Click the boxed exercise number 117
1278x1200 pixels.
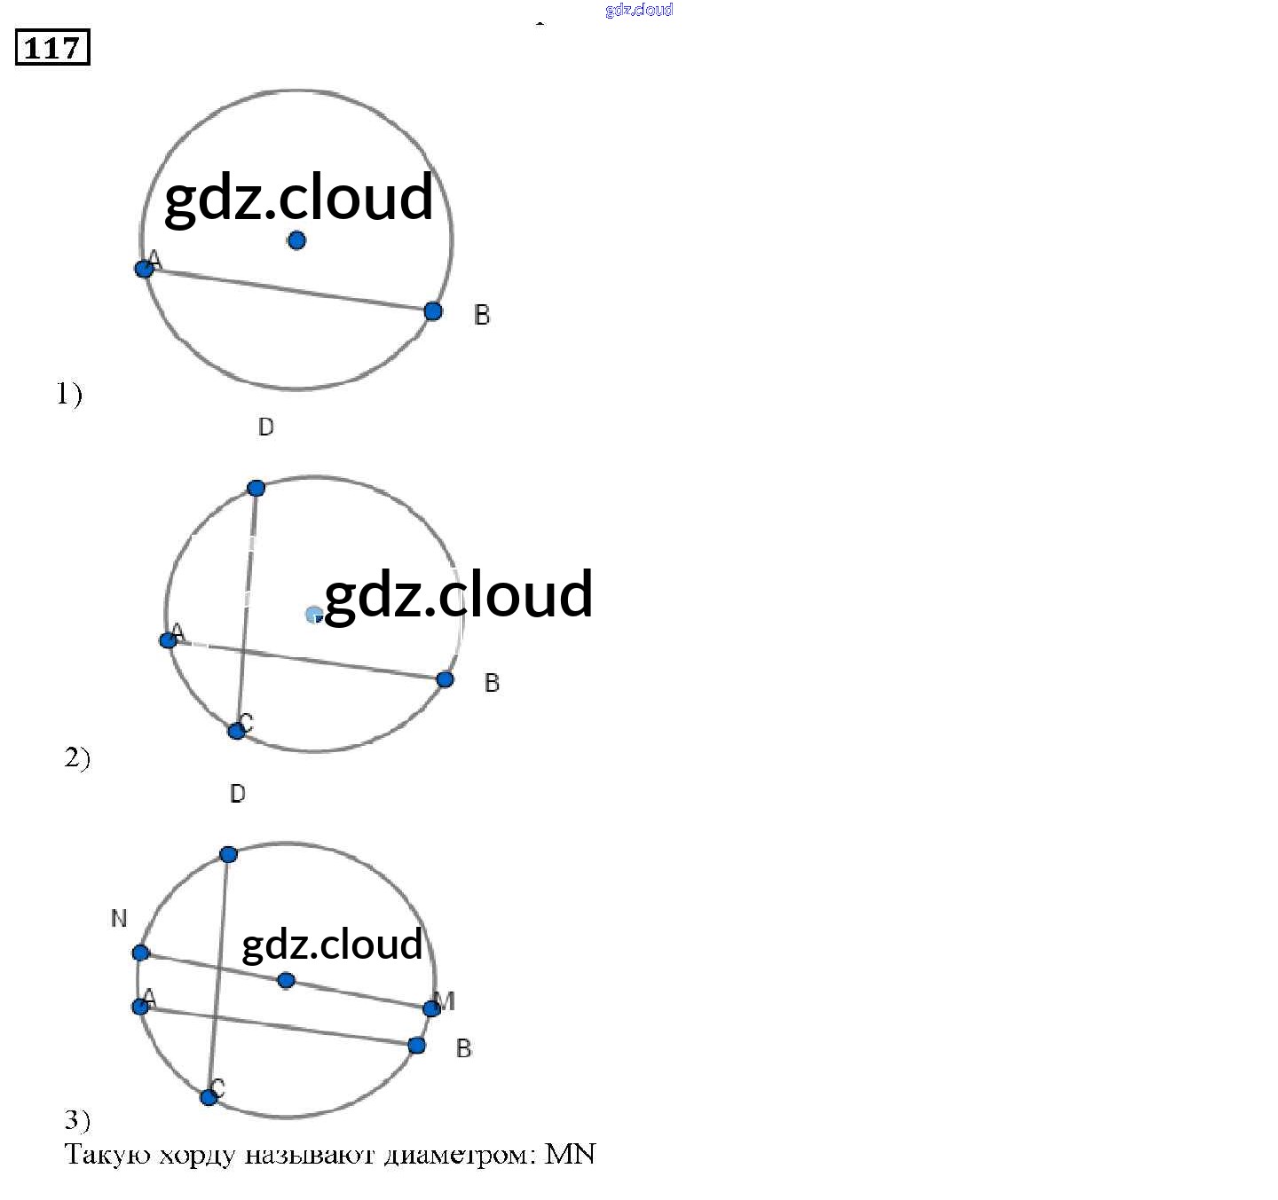[x=52, y=47]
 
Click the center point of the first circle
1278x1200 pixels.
[x=296, y=239]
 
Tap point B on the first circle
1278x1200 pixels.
[x=433, y=310]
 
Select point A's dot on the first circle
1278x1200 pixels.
[x=144, y=268]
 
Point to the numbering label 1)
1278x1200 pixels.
[x=69, y=393]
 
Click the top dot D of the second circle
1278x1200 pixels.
[x=256, y=488]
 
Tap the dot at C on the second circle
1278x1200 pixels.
[x=236, y=731]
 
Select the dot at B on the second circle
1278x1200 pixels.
[x=446, y=679]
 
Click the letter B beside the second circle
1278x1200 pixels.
[x=492, y=683]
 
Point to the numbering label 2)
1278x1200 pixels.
[x=77, y=757]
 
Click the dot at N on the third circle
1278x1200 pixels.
[x=140, y=953]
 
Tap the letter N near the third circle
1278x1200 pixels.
[x=119, y=919]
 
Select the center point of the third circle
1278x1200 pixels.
[x=286, y=980]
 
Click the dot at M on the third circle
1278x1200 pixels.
[x=431, y=1008]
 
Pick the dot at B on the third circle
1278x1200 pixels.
[x=416, y=1046]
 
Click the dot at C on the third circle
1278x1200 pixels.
[x=209, y=1097]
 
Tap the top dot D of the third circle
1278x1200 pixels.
[x=228, y=854]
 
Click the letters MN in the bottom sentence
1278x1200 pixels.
[x=570, y=1154]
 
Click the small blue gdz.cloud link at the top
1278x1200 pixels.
[x=639, y=10]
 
